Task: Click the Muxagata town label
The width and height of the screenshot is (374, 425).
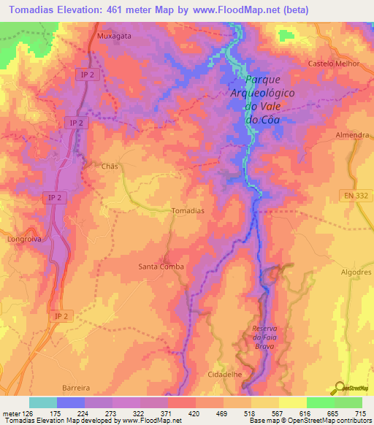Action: [x=112, y=34]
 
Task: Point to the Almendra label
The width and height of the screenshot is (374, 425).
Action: [x=354, y=136]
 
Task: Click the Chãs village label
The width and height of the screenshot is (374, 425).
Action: [x=109, y=166]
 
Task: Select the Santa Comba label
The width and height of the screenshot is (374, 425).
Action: [x=161, y=267]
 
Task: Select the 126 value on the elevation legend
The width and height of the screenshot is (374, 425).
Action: [x=25, y=414]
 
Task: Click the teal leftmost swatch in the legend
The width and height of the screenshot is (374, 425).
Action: [x=42, y=402]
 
